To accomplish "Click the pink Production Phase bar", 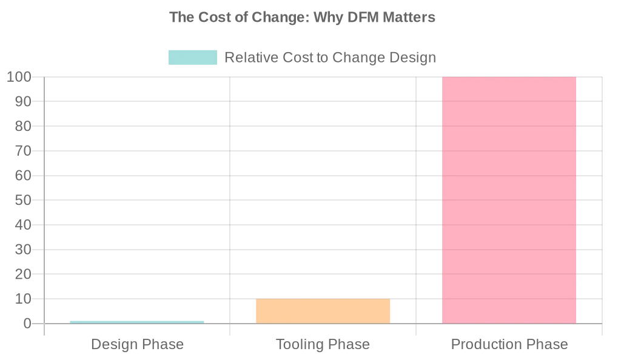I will coord(509,200).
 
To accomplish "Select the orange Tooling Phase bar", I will coord(323,311).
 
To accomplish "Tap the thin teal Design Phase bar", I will coord(137,322).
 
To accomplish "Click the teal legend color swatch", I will coord(192,58).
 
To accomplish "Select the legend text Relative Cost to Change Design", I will coord(330,58).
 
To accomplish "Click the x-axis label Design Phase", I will coord(137,345).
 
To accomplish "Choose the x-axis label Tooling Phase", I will coord(323,345).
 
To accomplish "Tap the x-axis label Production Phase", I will coord(509,345).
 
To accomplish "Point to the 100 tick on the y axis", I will coord(19,77).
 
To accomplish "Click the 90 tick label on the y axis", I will coord(23,102).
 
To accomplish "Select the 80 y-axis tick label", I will coord(23,126).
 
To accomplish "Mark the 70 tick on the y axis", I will coord(23,151).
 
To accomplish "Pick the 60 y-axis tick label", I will coord(23,176).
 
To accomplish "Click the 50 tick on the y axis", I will coord(23,200).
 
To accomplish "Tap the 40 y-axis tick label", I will coord(23,225).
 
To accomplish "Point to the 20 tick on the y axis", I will coord(23,275).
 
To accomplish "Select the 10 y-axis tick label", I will coord(23,299).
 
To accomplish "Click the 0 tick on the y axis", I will coord(27,324).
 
